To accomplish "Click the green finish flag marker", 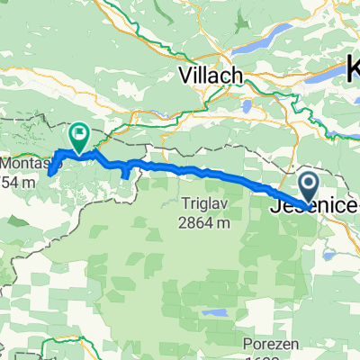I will coord(78,137).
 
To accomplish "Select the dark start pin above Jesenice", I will coord(308,187).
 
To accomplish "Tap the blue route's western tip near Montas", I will coord(51,170).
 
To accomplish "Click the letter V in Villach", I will coord(185,76).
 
